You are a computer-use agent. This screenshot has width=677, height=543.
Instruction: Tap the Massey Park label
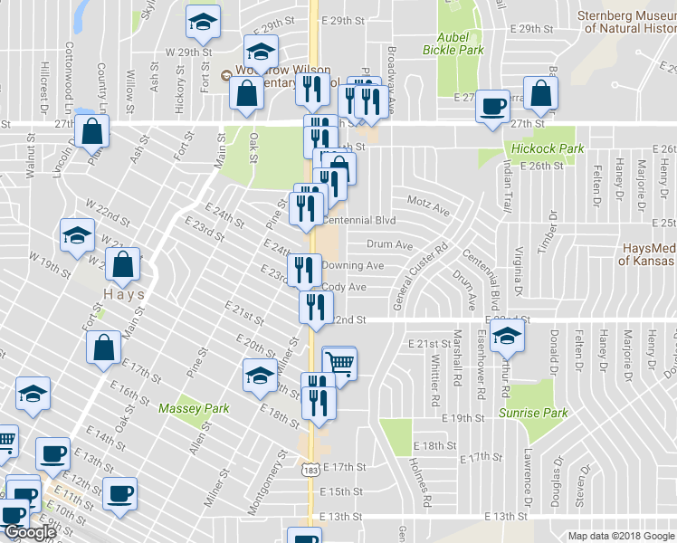point(186,409)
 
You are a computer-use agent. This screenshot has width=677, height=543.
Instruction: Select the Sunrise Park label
point(532,413)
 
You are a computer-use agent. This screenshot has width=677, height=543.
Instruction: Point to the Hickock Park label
point(547,148)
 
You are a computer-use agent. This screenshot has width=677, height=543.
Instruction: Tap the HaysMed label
point(648,254)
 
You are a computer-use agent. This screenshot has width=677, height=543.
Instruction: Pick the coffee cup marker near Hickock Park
point(493,106)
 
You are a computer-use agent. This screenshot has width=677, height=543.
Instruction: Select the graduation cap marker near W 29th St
point(204,21)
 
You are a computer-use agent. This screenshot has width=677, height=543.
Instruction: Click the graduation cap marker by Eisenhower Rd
point(508,336)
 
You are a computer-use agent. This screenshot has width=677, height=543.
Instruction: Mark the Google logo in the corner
point(30,532)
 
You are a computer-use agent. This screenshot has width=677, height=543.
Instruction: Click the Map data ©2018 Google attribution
point(620,536)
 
